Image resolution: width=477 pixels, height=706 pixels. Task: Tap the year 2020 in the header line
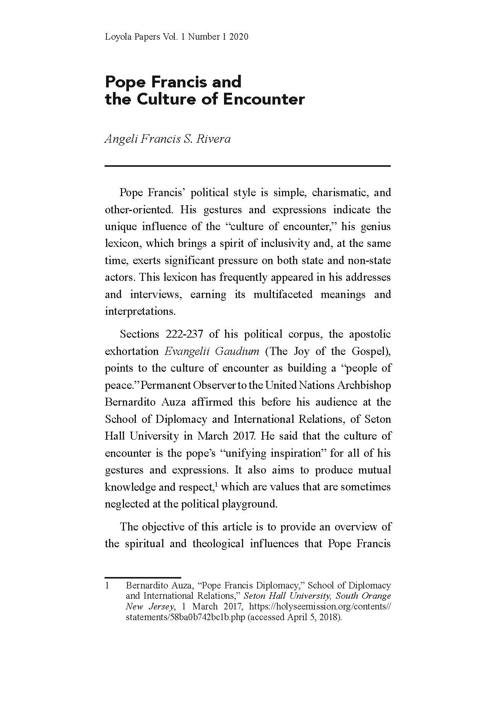click(239, 37)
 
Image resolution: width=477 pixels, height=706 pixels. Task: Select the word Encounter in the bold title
click(264, 99)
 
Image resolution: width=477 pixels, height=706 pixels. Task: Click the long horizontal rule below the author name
click(248, 166)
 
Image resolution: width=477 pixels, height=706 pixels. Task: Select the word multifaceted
click(283, 295)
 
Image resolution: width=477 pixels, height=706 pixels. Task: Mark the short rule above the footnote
click(143, 577)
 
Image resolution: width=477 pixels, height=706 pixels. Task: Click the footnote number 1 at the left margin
click(108, 585)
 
